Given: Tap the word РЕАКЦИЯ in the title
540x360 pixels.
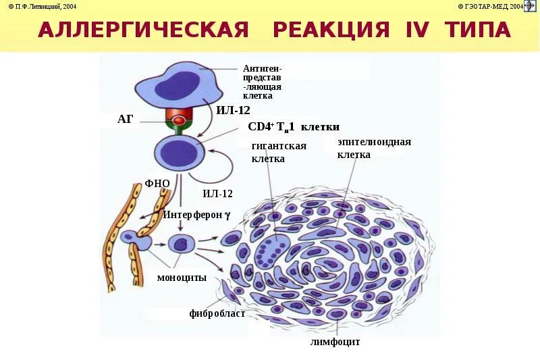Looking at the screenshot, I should pos(332,30).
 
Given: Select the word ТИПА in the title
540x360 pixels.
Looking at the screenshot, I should pos(479,30).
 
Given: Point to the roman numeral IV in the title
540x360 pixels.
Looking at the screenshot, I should pos(418,30).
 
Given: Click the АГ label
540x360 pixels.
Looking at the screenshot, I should pos(126,120).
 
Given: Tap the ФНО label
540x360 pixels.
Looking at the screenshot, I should pos(157,183).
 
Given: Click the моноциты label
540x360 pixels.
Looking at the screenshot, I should pos(182,278).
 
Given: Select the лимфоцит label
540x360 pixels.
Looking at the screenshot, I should pos(335,342).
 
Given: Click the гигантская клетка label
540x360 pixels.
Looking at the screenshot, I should pos(279,152).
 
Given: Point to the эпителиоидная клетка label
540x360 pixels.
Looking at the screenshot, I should pos(374,148).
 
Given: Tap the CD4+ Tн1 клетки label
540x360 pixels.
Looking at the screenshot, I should pos(294,126).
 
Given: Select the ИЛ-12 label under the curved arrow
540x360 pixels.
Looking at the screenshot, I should pos(217,193).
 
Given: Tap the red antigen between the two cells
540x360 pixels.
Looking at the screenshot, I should pos(179,121).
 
